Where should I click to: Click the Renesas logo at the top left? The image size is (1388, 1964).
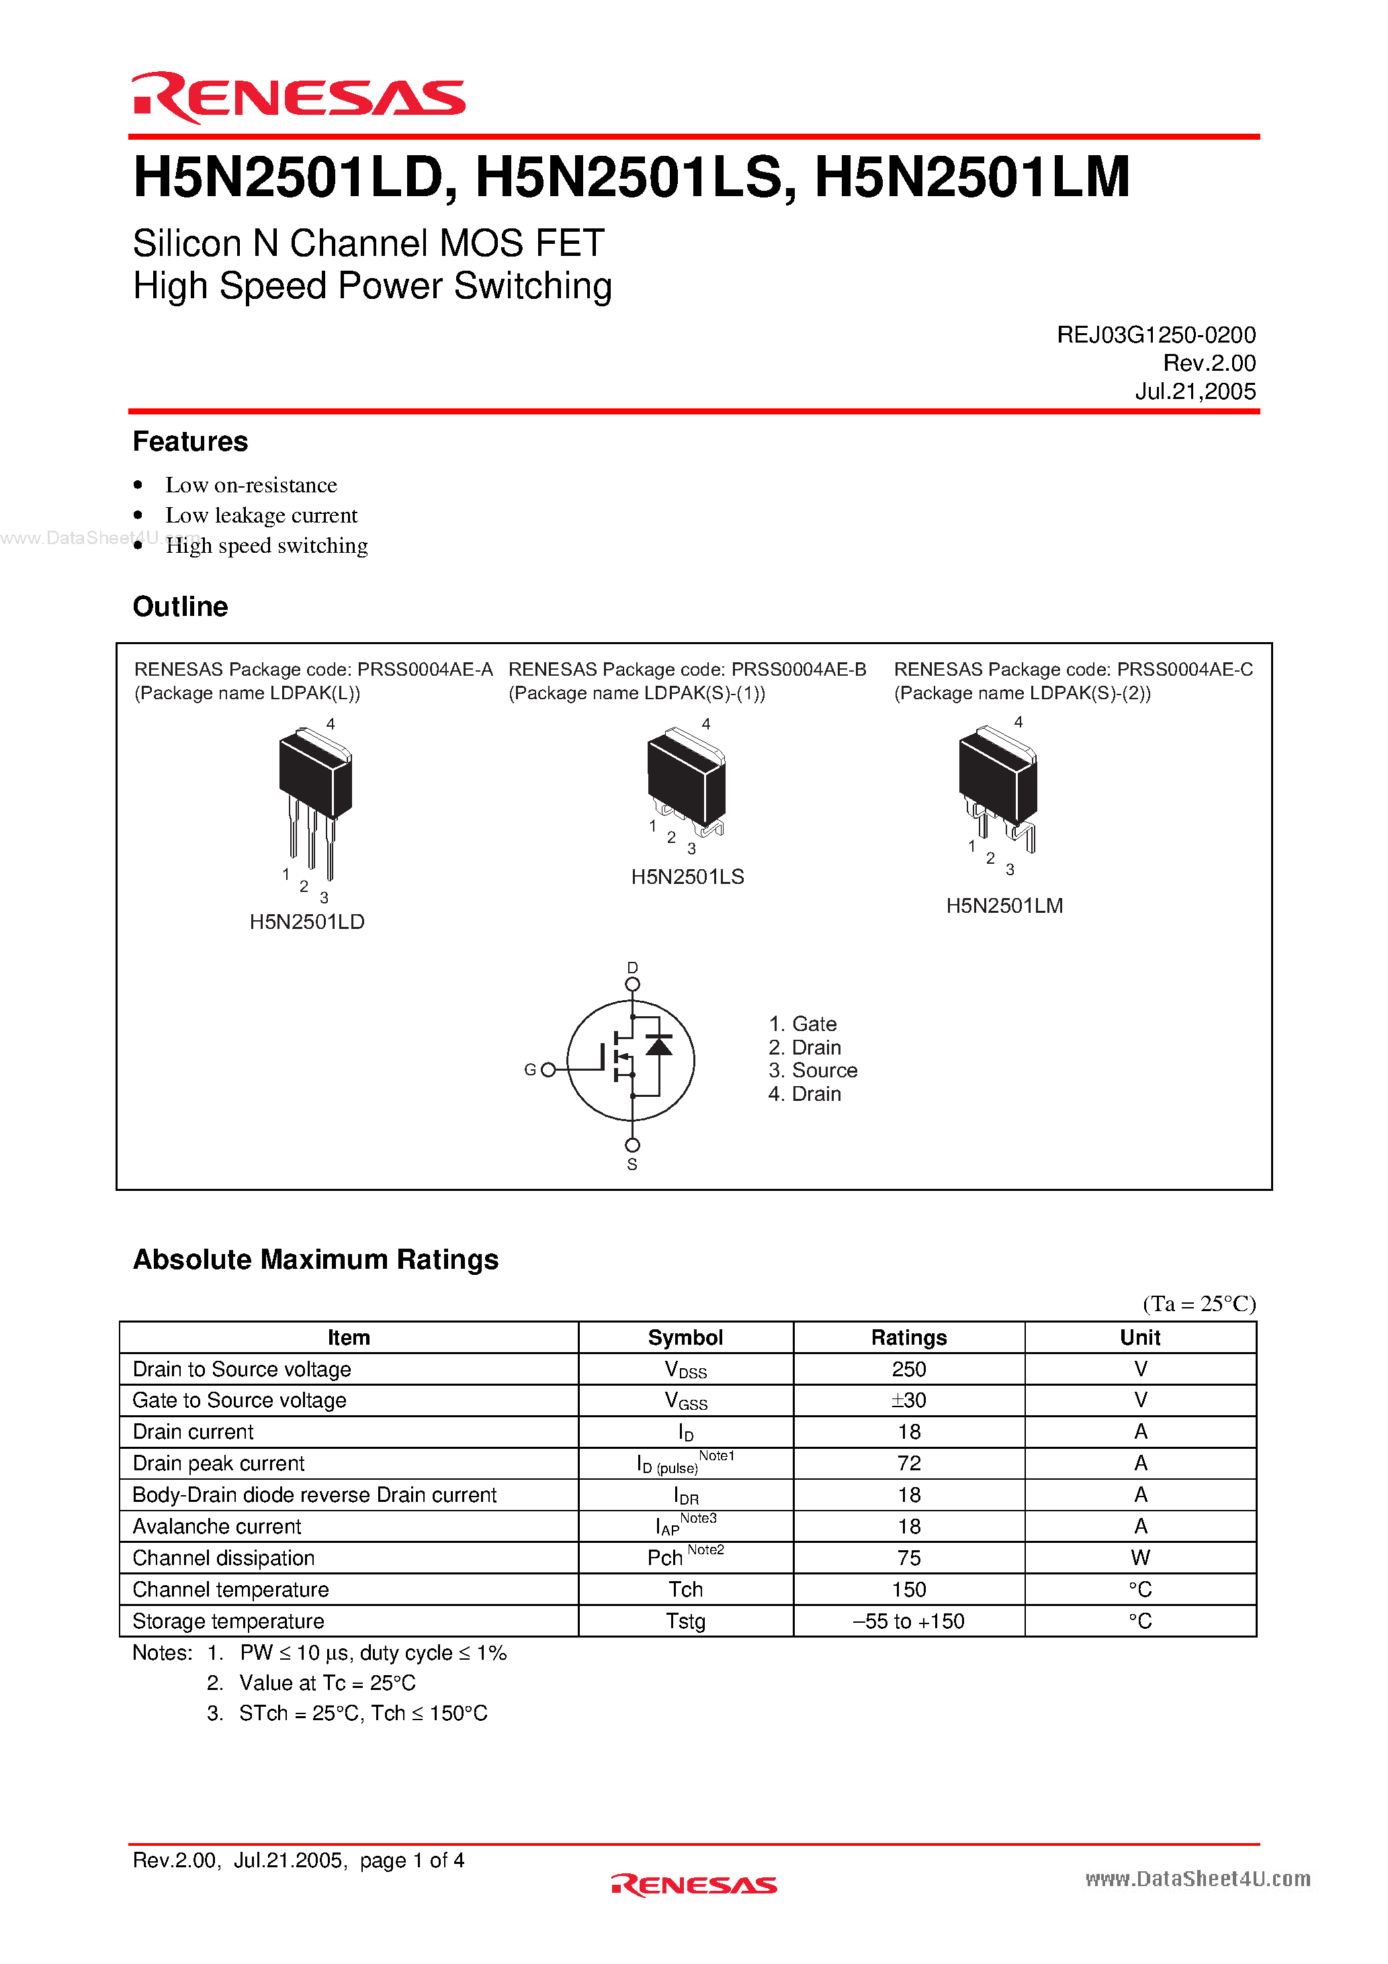tap(298, 97)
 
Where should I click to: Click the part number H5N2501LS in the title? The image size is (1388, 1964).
tap(629, 178)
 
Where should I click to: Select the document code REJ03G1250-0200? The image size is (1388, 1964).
tap(1156, 334)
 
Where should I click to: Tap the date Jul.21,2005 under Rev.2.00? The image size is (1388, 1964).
tap(1195, 391)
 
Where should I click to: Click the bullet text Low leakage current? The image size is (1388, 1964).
tap(261, 515)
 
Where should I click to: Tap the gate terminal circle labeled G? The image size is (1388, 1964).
tap(548, 1069)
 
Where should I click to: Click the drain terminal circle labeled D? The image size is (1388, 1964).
tap(632, 985)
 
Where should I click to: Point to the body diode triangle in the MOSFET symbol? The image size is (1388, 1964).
tap(658, 1044)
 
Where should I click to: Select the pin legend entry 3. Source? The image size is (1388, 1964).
tap(812, 1070)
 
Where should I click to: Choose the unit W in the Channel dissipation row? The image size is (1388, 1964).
tap(1140, 1557)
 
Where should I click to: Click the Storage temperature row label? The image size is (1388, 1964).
tap(228, 1620)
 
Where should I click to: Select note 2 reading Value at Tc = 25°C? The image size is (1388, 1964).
tap(327, 1683)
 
